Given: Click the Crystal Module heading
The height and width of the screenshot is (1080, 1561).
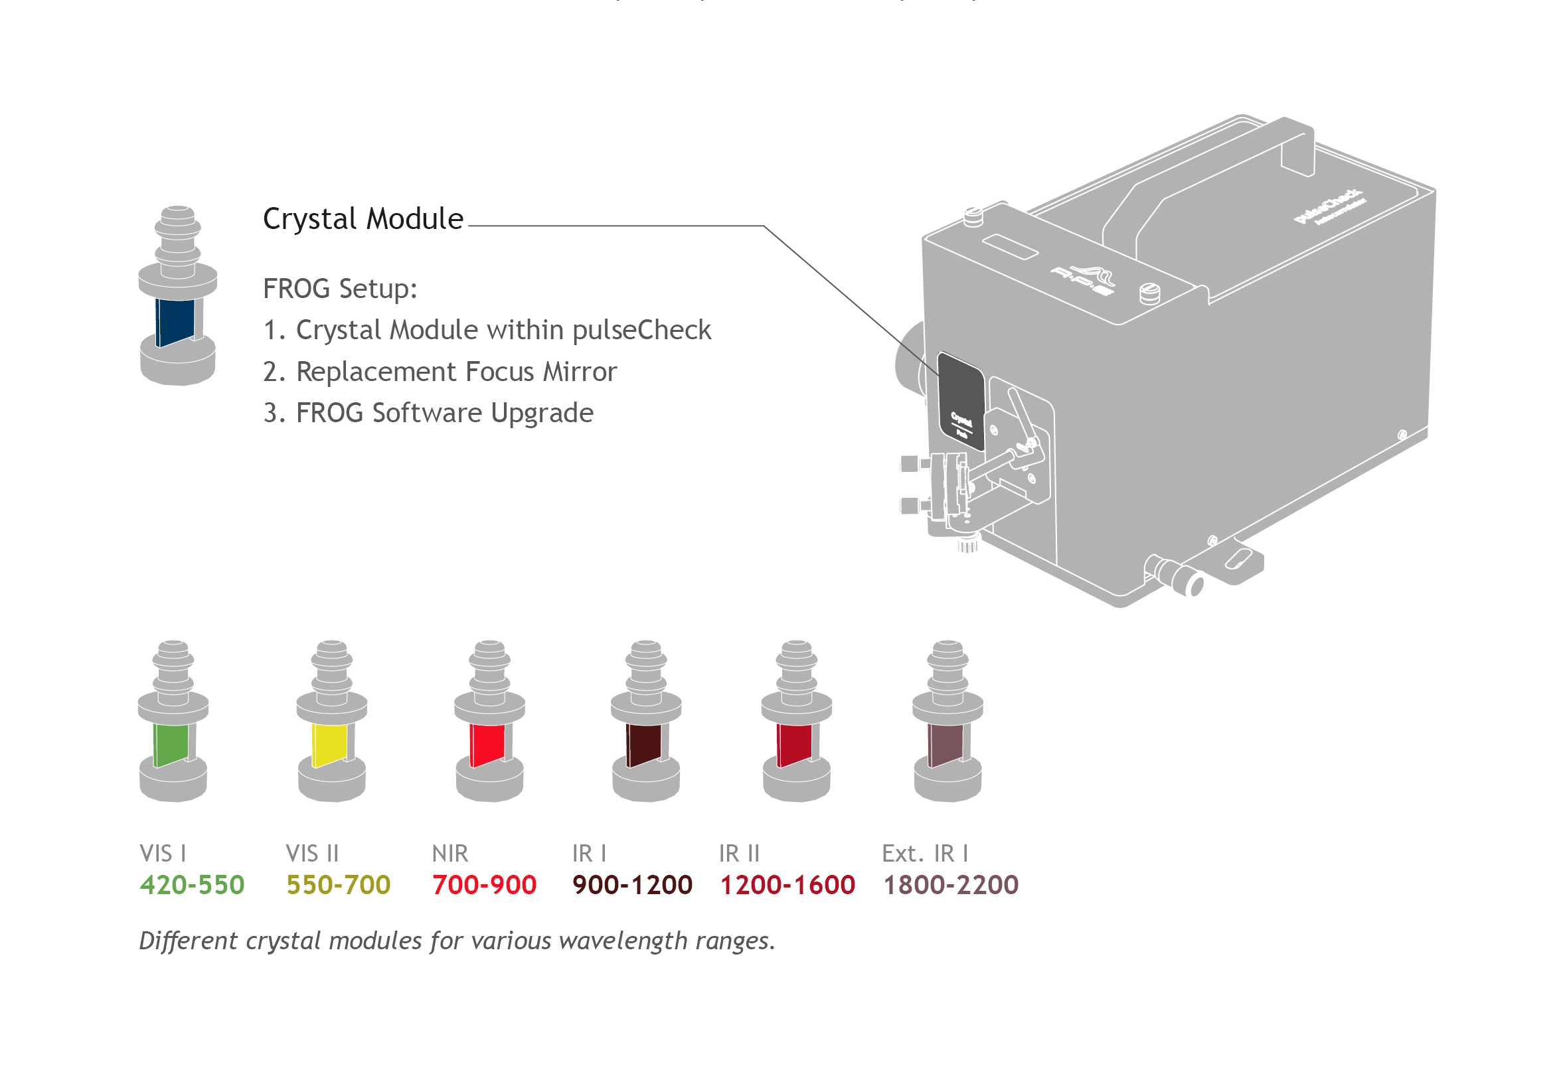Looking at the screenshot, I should click(x=363, y=218).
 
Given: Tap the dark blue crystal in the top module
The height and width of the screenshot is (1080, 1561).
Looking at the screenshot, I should click(x=175, y=321).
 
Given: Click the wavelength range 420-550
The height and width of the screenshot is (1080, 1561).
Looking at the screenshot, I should click(x=192, y=884).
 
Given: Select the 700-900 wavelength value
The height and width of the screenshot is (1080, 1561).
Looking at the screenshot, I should click(x=484, y=884).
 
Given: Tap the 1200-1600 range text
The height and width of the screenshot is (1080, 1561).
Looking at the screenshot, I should click(x=787, y=884).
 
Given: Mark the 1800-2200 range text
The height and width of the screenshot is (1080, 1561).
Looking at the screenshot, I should click(x=950, y=884).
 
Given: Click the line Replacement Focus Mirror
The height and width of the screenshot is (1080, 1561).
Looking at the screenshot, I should click(x=440, y=372).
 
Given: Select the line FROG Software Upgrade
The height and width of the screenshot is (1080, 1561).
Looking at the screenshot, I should click(x=428, y=413).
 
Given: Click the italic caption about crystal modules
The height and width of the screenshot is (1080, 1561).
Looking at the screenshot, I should click(x=457, y=941).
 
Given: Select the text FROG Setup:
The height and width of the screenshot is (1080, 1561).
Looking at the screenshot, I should click(x=340, y=288).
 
